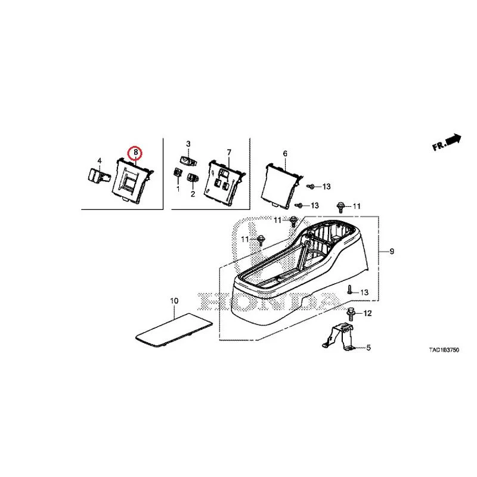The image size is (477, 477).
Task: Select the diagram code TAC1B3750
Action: [444, 350]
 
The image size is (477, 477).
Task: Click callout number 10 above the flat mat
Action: [174, 301]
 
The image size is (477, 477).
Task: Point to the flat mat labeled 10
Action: [174, 330]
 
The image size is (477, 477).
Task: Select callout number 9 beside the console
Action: [392, 251]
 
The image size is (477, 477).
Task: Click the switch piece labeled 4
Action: [97, 176]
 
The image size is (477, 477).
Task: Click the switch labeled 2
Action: [193, 177]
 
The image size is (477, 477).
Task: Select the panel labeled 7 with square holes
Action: [225, 184]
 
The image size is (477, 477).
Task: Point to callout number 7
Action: [229, 152]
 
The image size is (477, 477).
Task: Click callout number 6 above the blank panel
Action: [285, 154]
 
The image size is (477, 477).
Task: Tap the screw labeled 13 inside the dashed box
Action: [350, 290]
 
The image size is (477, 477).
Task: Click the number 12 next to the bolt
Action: [367, 313]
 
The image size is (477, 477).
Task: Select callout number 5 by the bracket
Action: [368, 348]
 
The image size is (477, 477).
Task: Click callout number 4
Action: [100, 161]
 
